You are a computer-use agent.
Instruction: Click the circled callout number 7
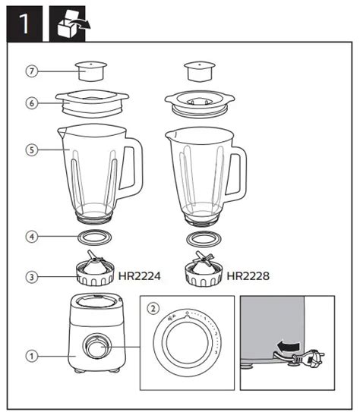(31, 71)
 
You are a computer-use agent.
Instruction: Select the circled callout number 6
(31, 102)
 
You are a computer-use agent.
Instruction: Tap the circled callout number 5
(31, 150)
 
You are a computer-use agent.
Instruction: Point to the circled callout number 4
(31, 237)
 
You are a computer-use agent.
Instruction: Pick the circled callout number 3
(31, 277)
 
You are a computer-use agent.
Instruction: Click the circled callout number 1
(31, 354)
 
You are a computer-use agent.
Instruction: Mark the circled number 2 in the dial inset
(154, 308)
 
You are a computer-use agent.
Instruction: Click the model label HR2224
(141, 276)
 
